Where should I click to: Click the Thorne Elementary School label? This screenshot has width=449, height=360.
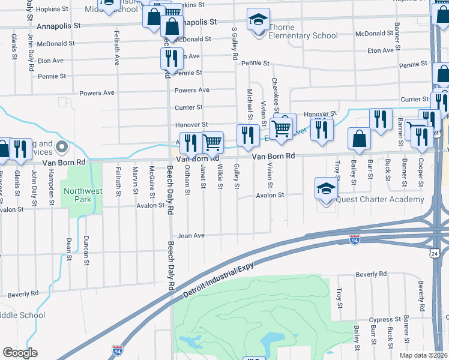coord(295,35)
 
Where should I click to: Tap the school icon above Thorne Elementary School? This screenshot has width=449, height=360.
coord(258,20)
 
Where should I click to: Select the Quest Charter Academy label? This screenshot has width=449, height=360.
coord(380,200)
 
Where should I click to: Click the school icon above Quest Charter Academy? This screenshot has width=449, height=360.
coord(326,189)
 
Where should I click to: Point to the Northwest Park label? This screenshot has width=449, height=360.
coord(80,196)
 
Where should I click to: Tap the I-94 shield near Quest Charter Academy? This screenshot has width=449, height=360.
coord(355,239)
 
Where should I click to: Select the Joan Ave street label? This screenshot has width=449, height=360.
coord(191,236)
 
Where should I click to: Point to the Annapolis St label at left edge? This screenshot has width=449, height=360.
coord(58,26)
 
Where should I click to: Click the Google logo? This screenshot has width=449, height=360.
coord(20,352)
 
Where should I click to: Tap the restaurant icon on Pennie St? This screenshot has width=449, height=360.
coord(172,59)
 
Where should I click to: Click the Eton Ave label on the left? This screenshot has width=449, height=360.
coord(50,61)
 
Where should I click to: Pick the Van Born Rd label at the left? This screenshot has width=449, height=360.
coord(56,162)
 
